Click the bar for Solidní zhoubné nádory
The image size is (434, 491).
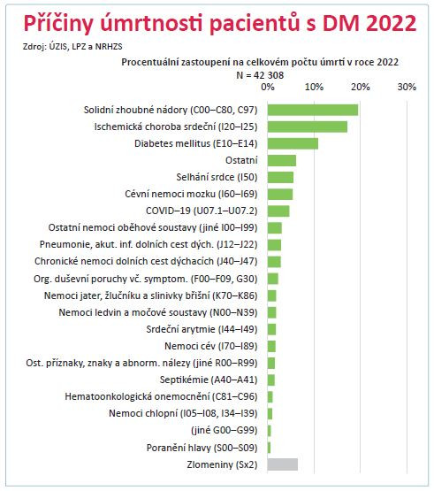point(312,110)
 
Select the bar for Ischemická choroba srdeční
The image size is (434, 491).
point(307,127)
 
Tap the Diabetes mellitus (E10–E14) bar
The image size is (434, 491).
point(292,143)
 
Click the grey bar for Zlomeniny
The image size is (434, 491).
point(282,464)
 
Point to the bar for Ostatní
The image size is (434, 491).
point(281,160)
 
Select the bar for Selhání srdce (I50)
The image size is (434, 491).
point(280,177)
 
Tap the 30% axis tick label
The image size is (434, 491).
point(407,88)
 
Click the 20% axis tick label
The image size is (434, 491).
point(360,88)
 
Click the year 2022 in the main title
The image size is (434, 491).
point(385,22)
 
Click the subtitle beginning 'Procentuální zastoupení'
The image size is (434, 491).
point(259,63)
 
